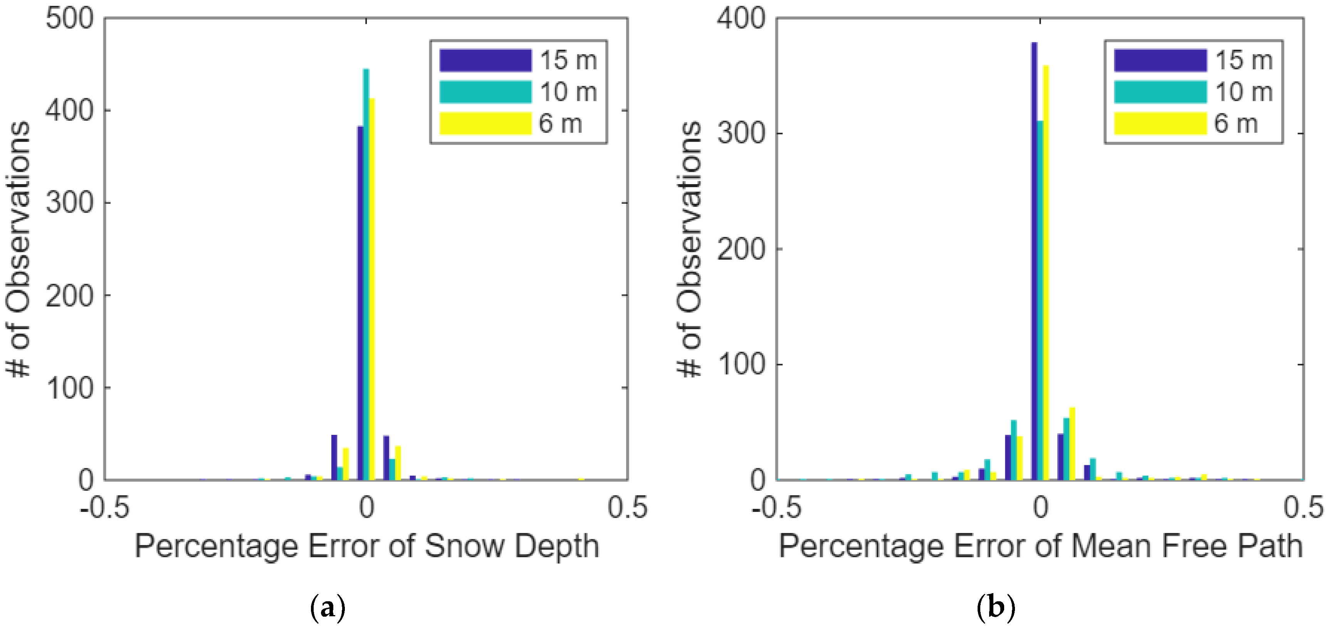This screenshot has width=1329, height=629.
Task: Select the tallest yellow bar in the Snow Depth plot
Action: (372, 289)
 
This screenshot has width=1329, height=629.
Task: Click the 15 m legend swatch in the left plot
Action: (485, 60)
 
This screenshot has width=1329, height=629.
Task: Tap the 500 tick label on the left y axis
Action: (70, 19)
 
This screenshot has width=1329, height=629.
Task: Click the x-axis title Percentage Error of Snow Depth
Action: (366, 547)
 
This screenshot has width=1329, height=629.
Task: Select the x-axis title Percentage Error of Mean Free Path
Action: (1040, 547)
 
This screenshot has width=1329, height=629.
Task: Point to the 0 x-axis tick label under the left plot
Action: (366, 508)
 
